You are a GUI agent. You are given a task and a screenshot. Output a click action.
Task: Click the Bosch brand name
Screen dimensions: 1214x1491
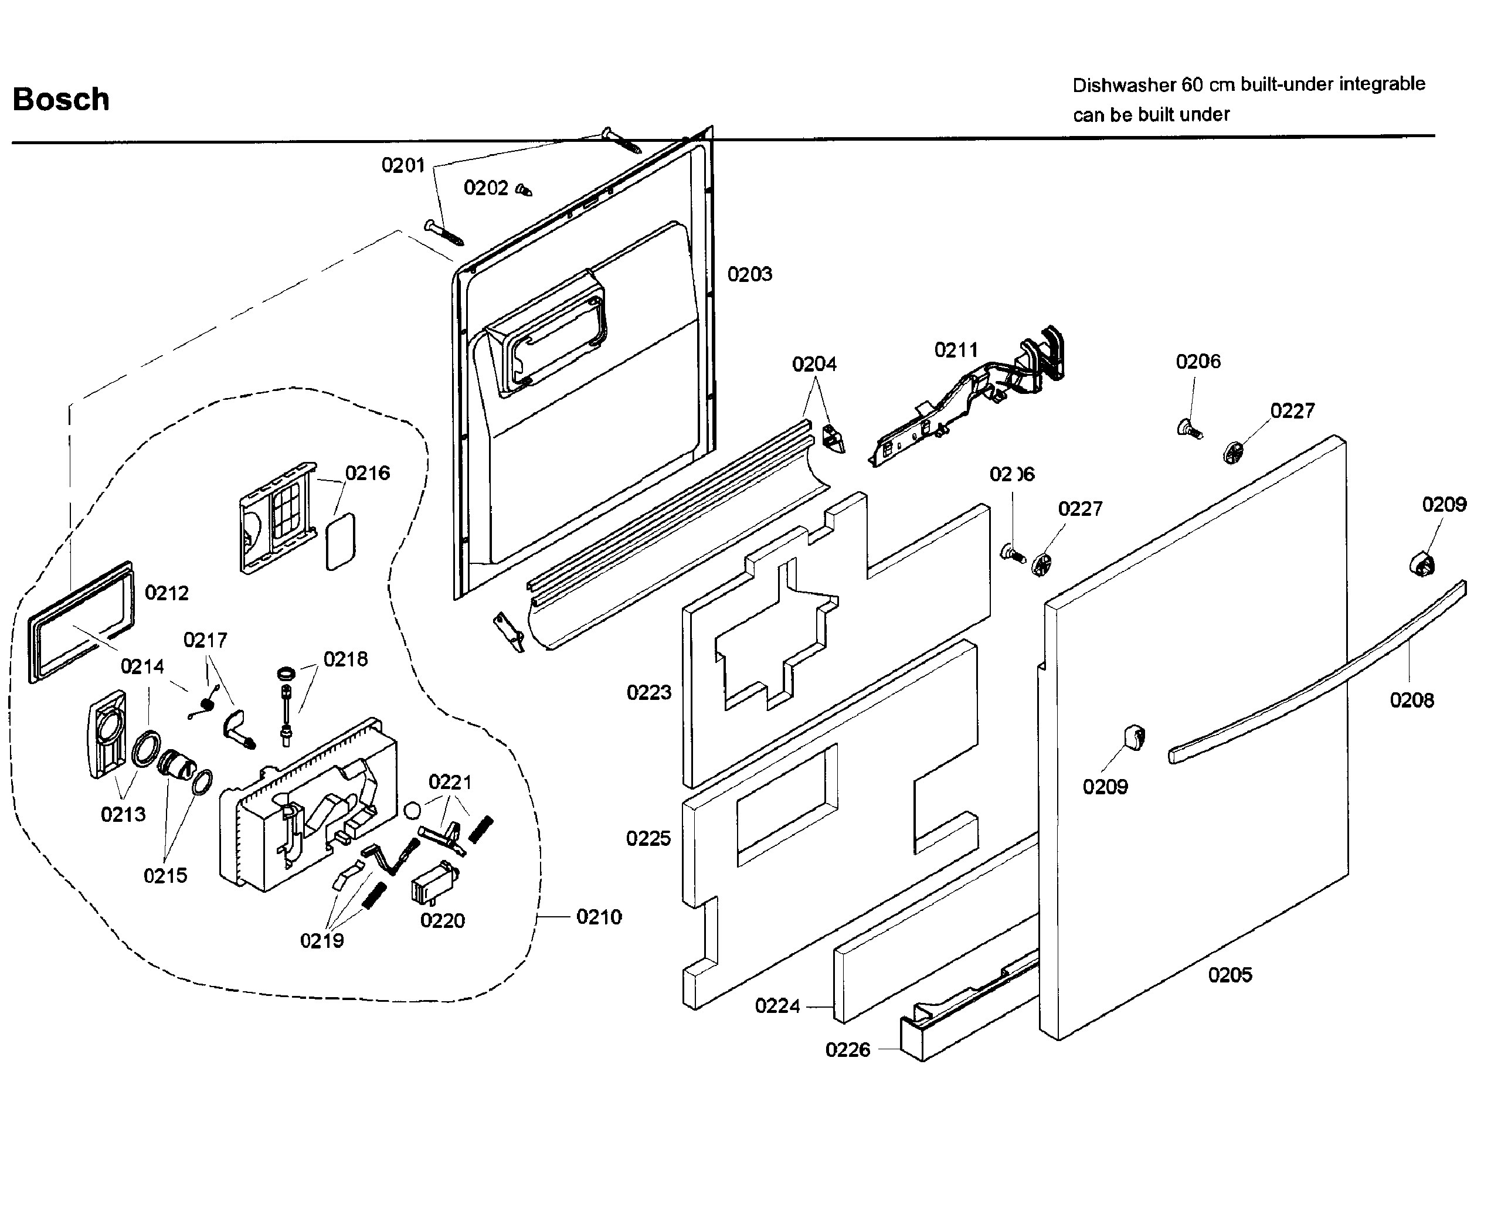coord(61,99)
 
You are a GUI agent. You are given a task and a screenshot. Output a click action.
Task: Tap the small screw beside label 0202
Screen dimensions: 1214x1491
coord(524,189)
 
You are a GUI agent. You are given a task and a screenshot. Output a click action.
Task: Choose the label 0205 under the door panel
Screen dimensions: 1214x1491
coord(1230,975)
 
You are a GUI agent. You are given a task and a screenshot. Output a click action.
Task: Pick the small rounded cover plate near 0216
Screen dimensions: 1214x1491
coord(341,542)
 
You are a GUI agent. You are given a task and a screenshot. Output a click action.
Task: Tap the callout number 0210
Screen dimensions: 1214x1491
coord(599,917)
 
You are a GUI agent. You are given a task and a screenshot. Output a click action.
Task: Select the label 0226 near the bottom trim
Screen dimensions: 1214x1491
coord(848,1050)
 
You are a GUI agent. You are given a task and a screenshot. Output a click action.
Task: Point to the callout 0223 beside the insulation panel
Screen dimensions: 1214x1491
coord(648,692)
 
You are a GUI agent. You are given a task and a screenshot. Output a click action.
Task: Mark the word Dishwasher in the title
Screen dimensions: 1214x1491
coord(1125,86)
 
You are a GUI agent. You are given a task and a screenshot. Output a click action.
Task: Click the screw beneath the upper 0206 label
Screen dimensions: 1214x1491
coord(1189,427)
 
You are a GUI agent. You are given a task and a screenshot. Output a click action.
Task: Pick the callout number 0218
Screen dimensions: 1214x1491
coord(345,659)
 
